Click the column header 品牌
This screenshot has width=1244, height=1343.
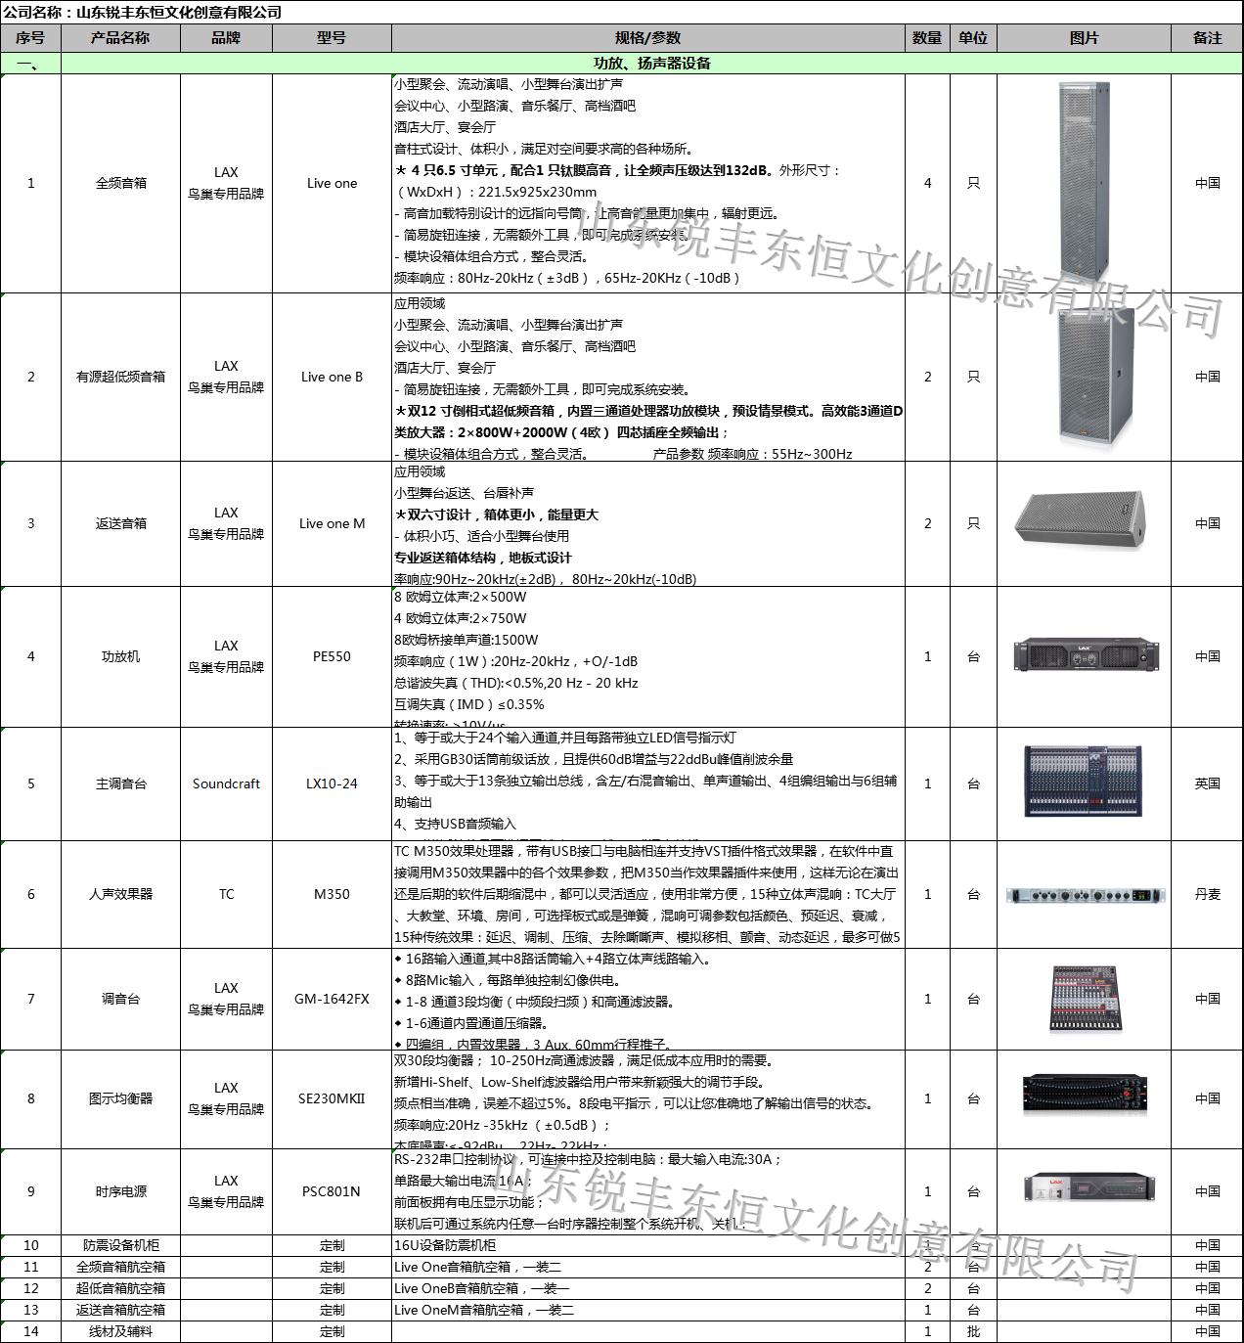[x=226, y=38]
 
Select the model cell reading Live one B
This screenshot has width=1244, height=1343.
[x=332, y=377]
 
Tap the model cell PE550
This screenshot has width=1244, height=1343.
[x=332, y=656]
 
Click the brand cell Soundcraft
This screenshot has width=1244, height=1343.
[x=226, y=783]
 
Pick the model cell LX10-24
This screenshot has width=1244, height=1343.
[x=332, y=783]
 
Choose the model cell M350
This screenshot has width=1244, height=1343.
[x=332, y=894]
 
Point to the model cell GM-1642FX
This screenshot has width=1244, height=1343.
[x=332, y=999]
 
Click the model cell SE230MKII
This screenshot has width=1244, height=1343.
[x=332, y=1098]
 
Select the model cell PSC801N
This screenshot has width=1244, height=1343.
[x=332, y=1191]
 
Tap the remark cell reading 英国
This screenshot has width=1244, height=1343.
[x=1207, y=783]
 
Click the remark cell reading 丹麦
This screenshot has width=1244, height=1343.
[x=1207, y=894]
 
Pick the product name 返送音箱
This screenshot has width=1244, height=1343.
[x=120, y=523]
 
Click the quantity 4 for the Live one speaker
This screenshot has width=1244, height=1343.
[x=927, y=183]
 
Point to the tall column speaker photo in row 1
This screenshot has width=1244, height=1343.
[x=1084, y=183]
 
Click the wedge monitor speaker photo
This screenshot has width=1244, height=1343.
[x=1081, y=518]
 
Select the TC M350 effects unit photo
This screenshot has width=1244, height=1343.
[x=1085, y=895]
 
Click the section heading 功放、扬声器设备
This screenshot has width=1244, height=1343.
[x=651, y=64]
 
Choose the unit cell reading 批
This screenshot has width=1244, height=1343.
[x=973, y=1331]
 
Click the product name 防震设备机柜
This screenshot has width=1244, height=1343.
[x=120, y=1245]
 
